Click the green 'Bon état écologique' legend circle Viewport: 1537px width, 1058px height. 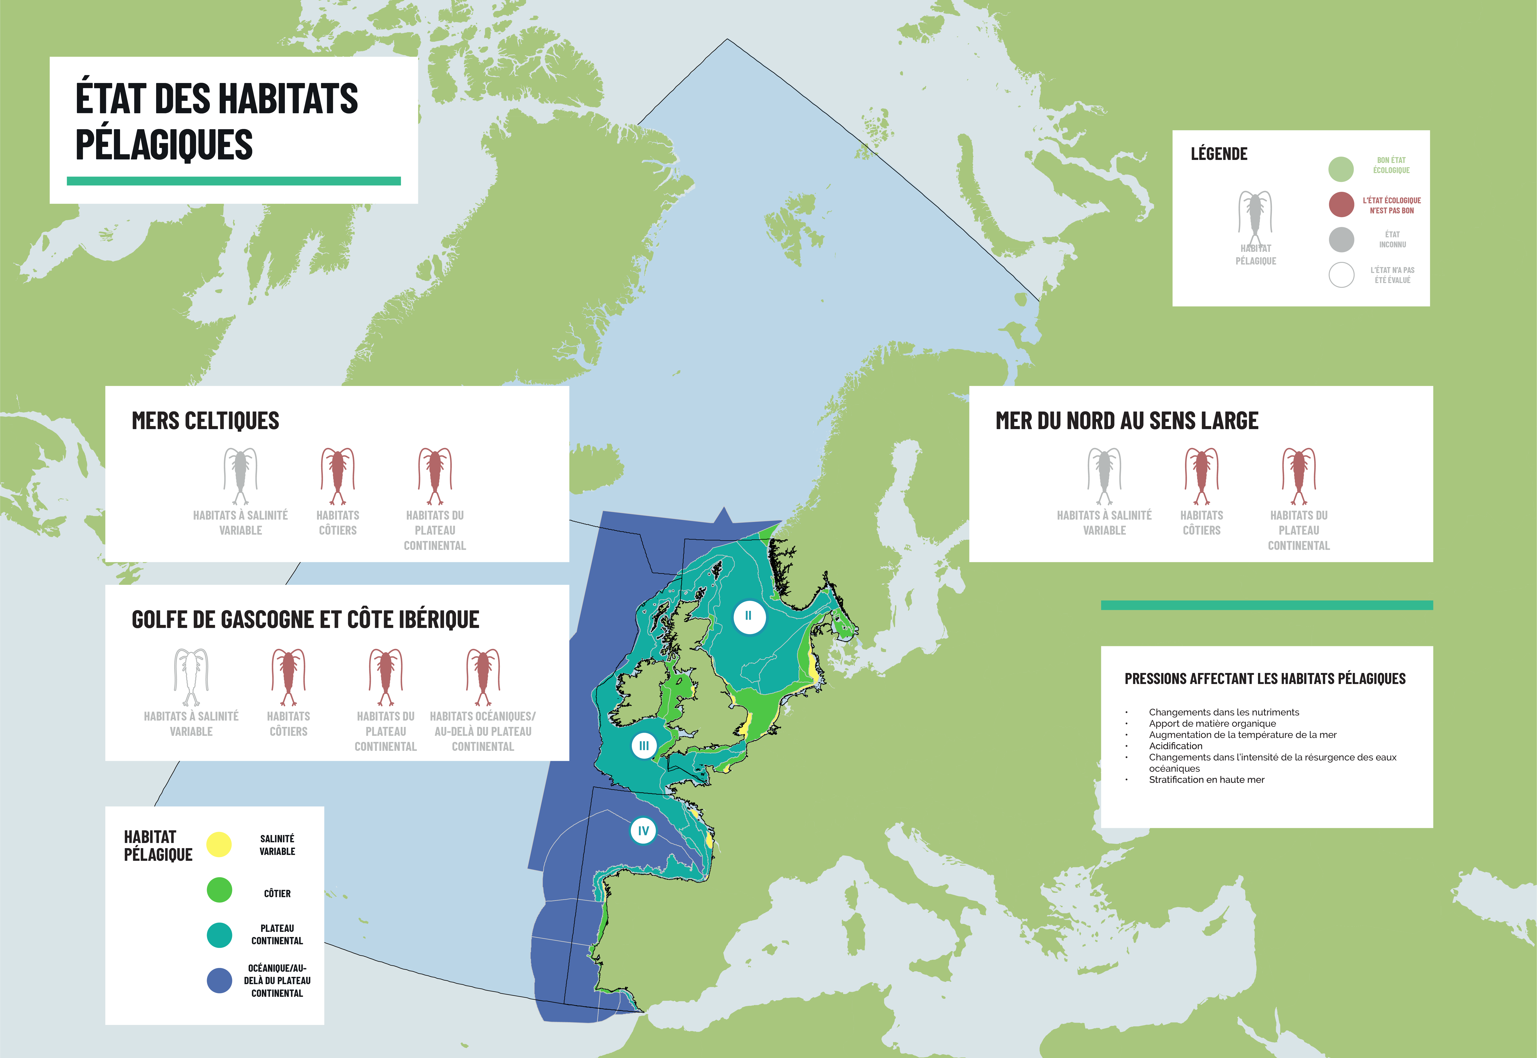click(1341, 169)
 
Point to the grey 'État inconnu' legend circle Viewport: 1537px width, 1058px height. click(1341, 239)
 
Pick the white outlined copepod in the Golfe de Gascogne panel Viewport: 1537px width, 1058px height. click(191, 677)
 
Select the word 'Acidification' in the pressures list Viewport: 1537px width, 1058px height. click(1175, 746)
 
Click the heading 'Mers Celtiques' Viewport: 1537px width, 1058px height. click(205, 421)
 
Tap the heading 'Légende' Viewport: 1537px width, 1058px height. click(1219, 154)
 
